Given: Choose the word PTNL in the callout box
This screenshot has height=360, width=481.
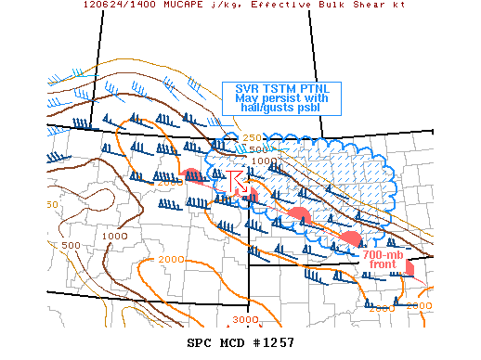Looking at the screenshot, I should (319, 87).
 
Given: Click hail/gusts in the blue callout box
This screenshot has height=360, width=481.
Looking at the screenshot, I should (266, 109).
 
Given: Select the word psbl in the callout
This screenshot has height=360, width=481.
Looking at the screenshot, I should (317, 109).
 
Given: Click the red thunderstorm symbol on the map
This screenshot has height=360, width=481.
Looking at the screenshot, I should (237, 181).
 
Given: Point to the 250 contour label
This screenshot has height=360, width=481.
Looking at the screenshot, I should (252, 138).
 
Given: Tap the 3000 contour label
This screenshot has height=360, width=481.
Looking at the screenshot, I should (245, 320).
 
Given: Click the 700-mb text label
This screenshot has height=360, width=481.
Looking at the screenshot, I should (383, 255).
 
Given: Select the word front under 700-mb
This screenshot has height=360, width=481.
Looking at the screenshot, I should (383, 265).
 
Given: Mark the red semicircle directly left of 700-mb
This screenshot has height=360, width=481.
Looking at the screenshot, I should (351, 240).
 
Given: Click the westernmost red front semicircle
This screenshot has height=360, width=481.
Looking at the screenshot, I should (191, 174).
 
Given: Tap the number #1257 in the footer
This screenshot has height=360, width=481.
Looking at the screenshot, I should (273, 342).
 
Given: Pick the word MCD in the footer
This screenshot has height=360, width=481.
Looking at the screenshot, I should (232, 342).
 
